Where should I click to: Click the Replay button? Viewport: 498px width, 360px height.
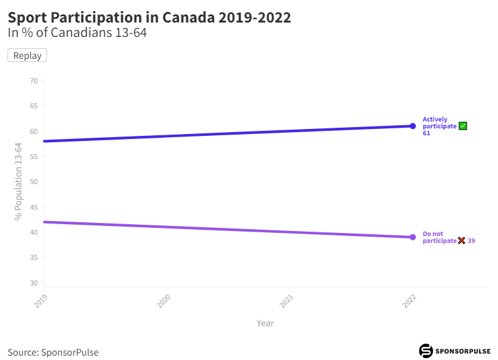pyautogui.click(x=27, y=56)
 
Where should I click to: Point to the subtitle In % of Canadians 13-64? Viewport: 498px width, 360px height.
pyautogui.click(x=77, y=33)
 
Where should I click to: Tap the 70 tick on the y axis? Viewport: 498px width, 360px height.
pyautogui.click(x=34, y=81)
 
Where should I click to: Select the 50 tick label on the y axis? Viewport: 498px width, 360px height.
pyautogui.click(x=34, y=182)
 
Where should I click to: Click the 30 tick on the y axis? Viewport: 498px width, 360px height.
pyautogui.click(x=34, y=283)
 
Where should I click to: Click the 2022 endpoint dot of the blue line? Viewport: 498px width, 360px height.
pyautogui.click(x=413, y=126)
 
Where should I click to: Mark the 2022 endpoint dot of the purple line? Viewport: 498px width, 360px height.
pyautogui.click(x=413, y=237)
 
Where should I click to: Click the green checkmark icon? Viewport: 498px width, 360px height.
pyautogui.click(x=463, y=126)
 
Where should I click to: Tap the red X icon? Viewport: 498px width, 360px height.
pyautogui.click(x=462, y=240)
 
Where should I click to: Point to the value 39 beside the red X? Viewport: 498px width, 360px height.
pyautogui.click(x=472, y=241)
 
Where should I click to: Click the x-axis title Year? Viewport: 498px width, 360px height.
pyautogui.click(x=265, y=323)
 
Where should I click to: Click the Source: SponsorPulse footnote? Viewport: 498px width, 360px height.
pyautogui.click(x=53, y=352)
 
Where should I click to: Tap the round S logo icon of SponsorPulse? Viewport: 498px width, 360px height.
pyautogui.click(x=426, y=351)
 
